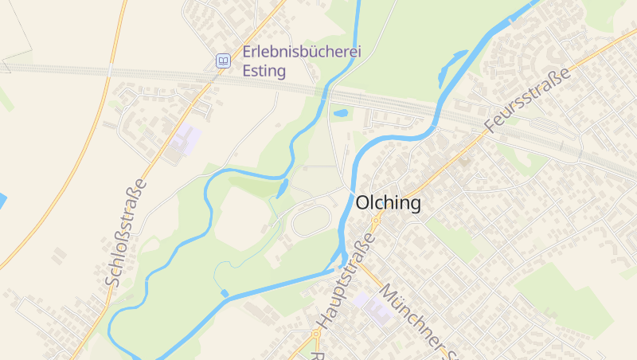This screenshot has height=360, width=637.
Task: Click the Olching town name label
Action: tap(389, 203)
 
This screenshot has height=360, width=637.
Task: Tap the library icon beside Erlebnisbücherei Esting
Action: tap(224, 61)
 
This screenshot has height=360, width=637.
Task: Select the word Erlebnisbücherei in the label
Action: tap(302, 52)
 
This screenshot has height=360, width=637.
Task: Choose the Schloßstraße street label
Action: tap(127, 233)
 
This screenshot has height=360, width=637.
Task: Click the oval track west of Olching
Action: tap(311, 221)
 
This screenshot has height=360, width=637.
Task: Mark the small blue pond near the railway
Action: tap(341, 113)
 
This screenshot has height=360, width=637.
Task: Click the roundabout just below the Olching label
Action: tap(377, 217)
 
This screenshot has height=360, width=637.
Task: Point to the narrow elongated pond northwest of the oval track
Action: tap(283, 189)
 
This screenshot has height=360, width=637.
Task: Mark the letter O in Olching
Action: tap(363, 203)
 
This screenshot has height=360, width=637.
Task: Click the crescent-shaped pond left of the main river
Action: tap(451, 67)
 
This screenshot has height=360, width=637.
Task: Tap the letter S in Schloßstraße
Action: tap(112, 280)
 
